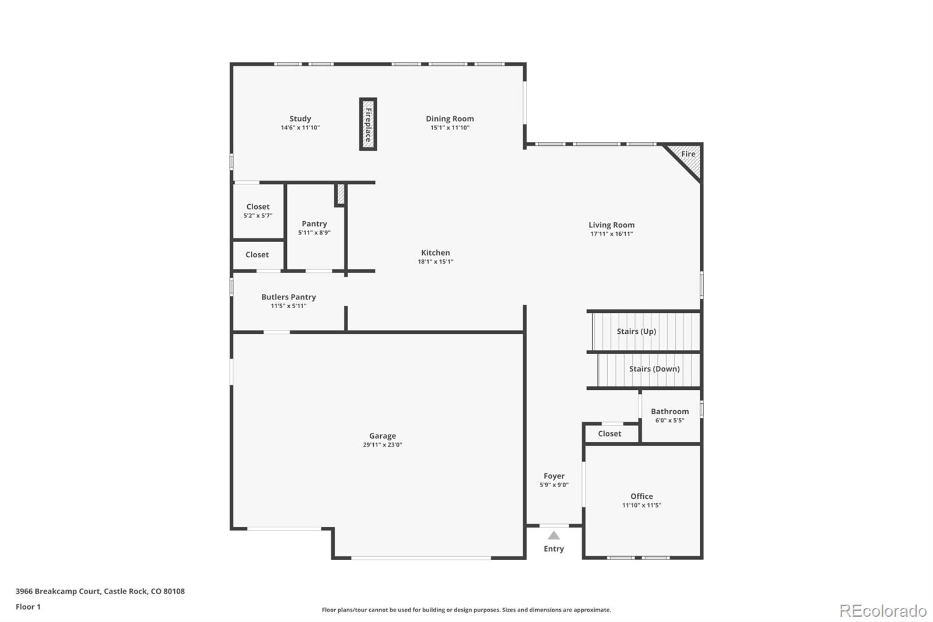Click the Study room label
tap(300, 118)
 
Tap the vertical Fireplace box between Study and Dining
tap(368, 124)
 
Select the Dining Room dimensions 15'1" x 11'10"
tap(450, 128)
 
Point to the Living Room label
tap(611, 225)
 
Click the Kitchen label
tap(435, 253)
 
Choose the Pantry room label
tap(314, 223)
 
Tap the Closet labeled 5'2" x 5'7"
tap(258, 210)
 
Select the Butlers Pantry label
tap(288, 297)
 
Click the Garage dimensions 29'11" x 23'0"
tap(383, 445)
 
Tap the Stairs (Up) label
tap(636, 331)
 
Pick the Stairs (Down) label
tap(654, 369)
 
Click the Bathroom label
tap(669, 411)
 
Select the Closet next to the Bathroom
tap(609, 434)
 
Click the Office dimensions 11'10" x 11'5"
tap(641, 505)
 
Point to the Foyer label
tap(554, 476)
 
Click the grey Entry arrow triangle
tap(554, 536)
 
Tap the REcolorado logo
tap(882, 610)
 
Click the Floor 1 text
tap(28, 607)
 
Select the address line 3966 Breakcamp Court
tap(100, 591)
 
